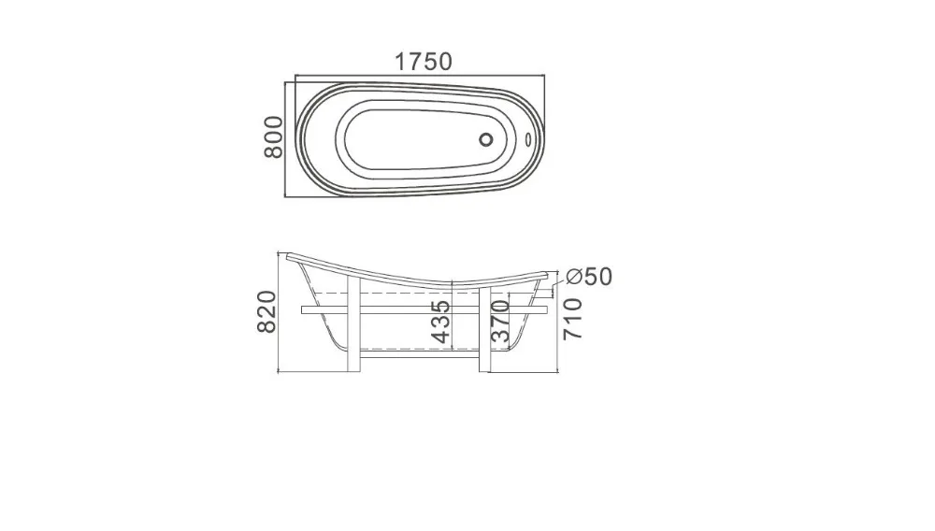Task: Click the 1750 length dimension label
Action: coord(424,62)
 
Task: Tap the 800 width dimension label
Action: coord(274,137)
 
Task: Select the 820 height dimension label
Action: coord(266,311)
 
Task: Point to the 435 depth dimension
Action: coord(440,322)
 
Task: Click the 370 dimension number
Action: coord(500,322)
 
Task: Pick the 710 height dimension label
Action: coord(572,319)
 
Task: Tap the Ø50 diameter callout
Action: coord(588,277)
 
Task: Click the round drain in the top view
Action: coord(486,139)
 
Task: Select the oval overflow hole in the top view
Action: coord(528,139)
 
